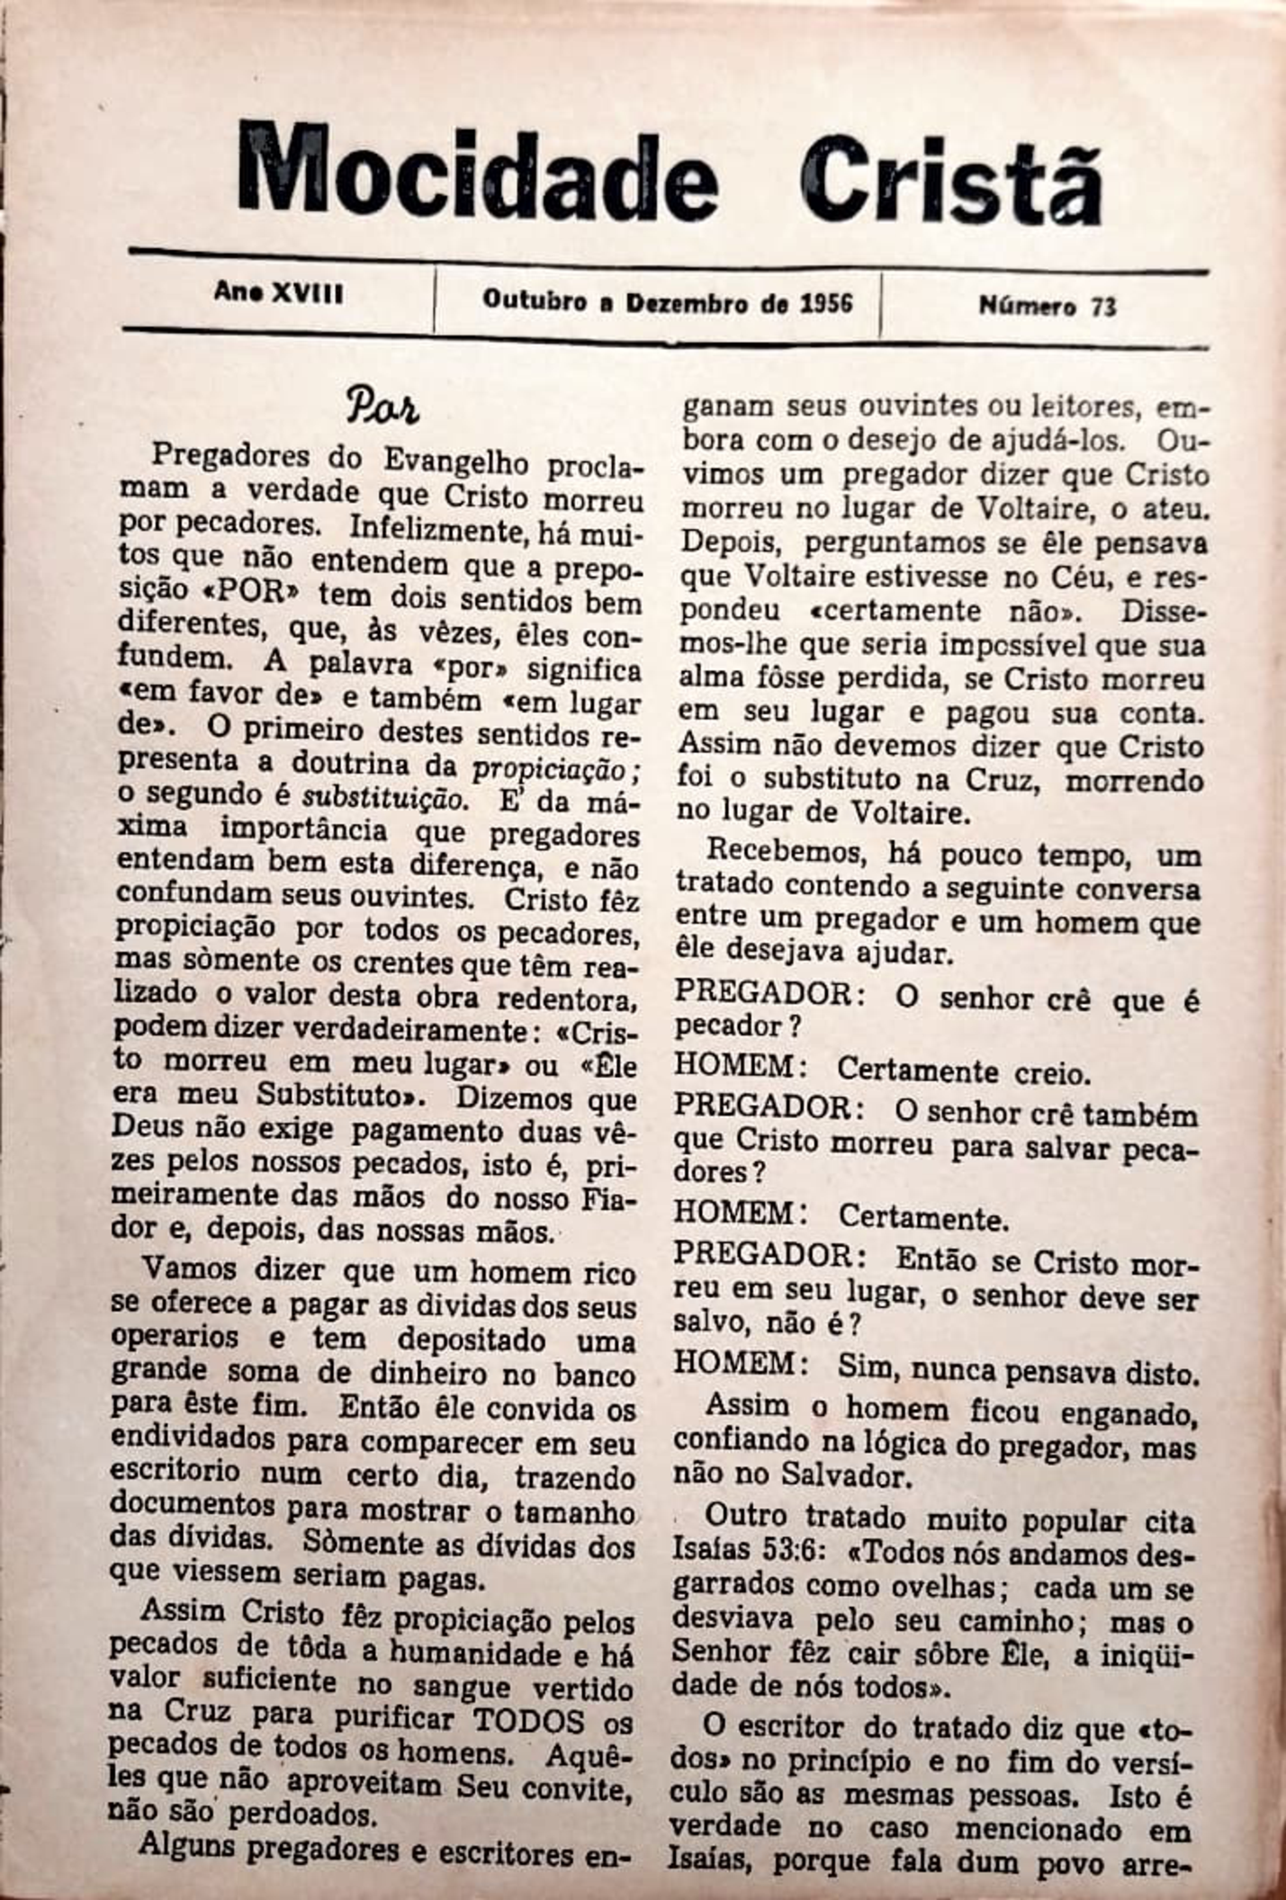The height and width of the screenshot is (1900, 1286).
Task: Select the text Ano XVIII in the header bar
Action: (x=279, y=293)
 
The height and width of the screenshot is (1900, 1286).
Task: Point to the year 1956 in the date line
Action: (x=826, y=302)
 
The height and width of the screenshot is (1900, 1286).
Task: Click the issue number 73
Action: (x=1103, y=307)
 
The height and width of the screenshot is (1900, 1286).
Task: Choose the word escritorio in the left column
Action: (x=175, y=1473)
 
